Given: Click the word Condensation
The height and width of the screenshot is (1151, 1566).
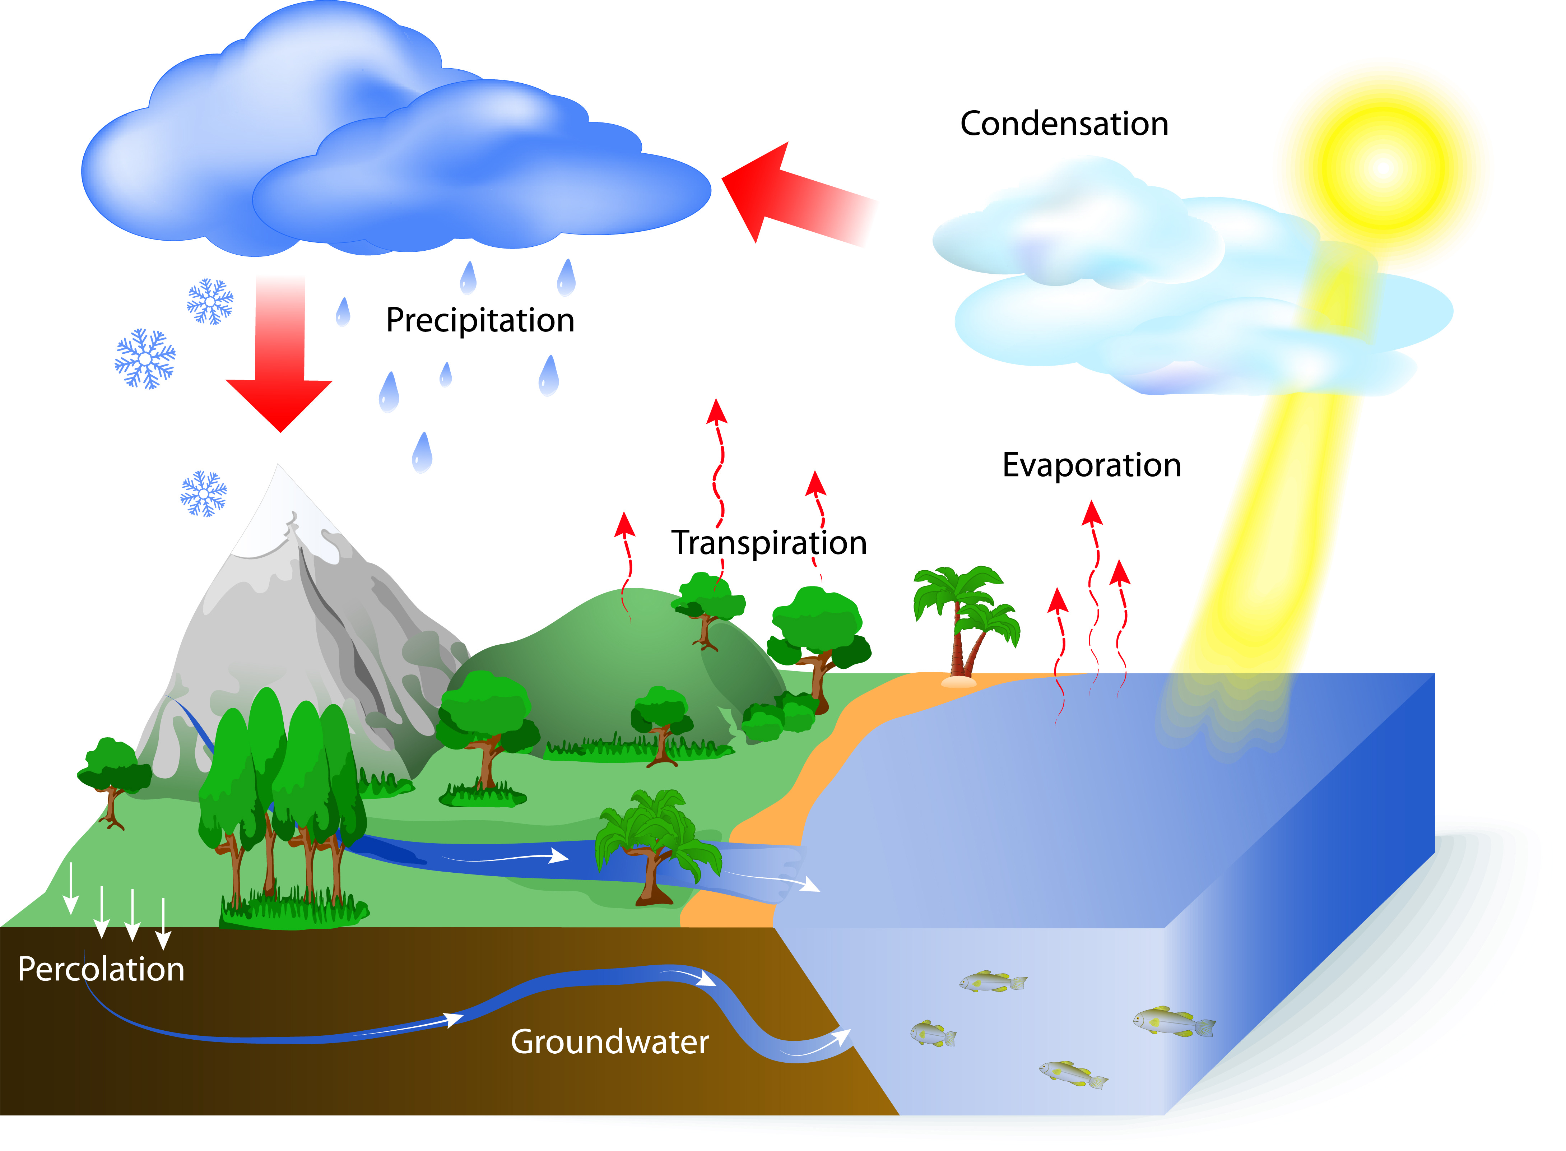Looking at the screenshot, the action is pyautogui.click(x=1064, y=124).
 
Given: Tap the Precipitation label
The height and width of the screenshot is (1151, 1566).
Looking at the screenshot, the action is pyautogui.click(x=480, y=320).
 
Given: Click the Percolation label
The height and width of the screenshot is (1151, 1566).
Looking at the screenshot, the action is pyautogui.click(x=101, y=969).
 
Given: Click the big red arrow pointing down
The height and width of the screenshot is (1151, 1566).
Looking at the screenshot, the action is pyautogui.click(x=279, y=355).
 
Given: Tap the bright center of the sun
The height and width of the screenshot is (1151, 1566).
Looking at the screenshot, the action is pyautogui.click(x=1383, y=167).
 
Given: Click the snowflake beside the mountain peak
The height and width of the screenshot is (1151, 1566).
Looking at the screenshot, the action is pyautogui.click(x=203, y=493).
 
